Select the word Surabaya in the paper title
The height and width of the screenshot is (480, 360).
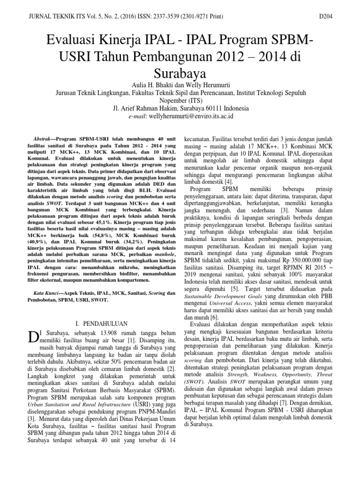pos(180,73)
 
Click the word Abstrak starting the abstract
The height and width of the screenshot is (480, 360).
pos(44,127)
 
